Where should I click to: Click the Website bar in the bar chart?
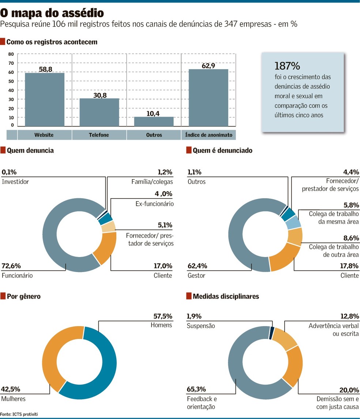pos(45,99)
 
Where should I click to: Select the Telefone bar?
pos(99,112)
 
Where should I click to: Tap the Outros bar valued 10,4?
pos(154,121)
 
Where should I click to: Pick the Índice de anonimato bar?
pos(208,98)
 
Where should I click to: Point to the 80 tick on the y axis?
pos(11,54)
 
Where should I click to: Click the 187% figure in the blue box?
pos(287,66)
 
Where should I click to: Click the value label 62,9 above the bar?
pos(208,65)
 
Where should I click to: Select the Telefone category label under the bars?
pos(99,135)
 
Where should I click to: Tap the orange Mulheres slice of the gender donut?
pos(51,355)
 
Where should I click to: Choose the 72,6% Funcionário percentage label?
pos(11,266)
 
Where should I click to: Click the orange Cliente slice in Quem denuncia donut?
pos(106,247)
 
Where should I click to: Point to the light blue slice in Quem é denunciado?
pos(293,222)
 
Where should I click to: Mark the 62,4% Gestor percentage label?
pos(198,266)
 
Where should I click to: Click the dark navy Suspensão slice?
pos(272,333)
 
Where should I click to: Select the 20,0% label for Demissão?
pos(349,390)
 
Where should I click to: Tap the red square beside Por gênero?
pos(3,296)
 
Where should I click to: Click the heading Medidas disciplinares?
pos(226,297)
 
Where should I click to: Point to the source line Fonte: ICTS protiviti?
pos(19,414)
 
